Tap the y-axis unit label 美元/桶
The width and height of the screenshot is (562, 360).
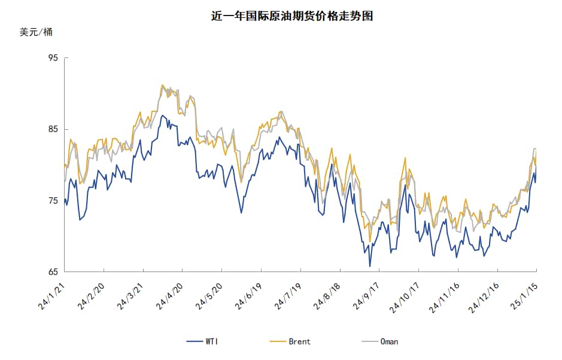(x=36, y=32)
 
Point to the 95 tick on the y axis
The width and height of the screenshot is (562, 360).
(x=53, y=58)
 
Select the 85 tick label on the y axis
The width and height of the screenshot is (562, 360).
(x=53, y=129)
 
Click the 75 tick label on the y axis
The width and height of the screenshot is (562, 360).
(x=53, y=201)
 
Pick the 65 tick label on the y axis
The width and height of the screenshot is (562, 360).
(x=53, y=272)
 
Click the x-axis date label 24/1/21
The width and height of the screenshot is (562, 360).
(x=53, y=295)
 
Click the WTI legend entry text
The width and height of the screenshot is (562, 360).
(x=212, y=341)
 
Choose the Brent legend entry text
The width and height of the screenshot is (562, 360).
(x=299, y=341)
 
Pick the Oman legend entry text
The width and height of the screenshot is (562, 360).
(x=389, y=341)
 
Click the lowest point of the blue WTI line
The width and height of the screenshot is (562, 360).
(x=370, y=266)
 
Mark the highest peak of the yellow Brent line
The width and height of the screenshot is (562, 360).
(x=162, y=85)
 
